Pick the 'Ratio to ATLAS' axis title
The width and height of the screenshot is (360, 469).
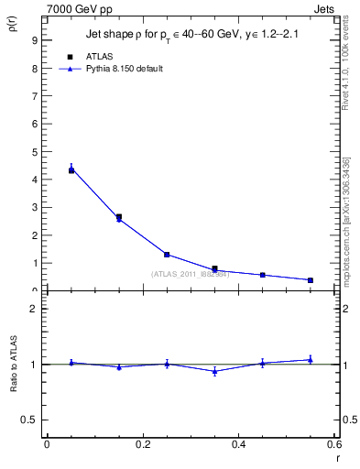click(x=14, y=365)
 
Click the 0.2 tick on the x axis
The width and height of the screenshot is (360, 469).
click(x=143, y=444)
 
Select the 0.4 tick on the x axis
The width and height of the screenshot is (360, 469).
click(x=239, y=444)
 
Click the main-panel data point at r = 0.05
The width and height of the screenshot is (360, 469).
click(x=71, y=169)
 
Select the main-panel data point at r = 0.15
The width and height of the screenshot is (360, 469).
click(x=119, y=217)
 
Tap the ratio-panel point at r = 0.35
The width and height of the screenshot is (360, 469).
click(x=214, y=371)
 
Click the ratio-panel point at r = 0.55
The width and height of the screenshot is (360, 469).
click(x=311, y=359)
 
